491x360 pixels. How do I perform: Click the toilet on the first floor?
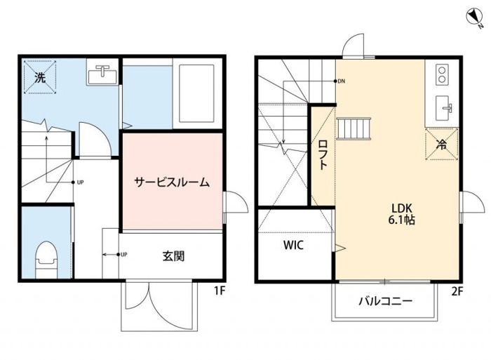(47, 260)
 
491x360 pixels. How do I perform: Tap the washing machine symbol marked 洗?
(40, 77)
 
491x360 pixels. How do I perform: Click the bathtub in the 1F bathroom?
(196, 93)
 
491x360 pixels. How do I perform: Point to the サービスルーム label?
(172, 182)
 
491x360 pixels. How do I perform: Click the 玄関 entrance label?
(173, 256)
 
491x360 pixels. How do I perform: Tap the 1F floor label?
(220, 291)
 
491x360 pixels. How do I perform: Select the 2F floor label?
(457, 292)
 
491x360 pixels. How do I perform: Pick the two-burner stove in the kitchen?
(442, 74)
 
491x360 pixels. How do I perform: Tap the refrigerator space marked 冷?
(442, 144)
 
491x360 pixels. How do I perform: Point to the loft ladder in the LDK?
(354, 128)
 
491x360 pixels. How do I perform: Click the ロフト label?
(323, 155)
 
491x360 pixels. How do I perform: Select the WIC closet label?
(293, 245)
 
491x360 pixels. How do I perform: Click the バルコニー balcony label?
(386, 302)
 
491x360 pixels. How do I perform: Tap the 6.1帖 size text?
(402, 220)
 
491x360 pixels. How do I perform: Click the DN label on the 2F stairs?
(342, 81)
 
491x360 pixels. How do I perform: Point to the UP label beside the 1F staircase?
(81, 182)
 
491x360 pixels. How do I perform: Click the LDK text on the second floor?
(402, 208)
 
